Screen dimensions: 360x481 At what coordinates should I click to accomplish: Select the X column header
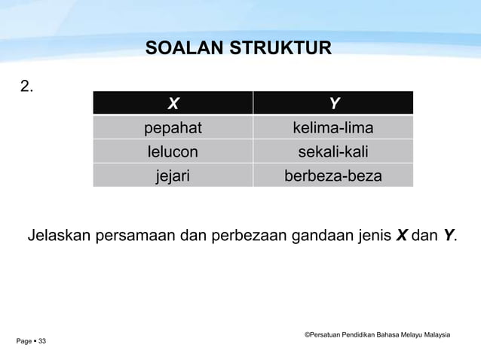click(x=173, y=103)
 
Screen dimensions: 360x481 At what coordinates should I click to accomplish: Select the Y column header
click(x=333, y=103)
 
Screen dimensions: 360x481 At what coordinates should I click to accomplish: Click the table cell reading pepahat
click(x=173, y=127)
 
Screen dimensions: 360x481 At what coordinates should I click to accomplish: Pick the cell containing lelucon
click(x=173, y=151)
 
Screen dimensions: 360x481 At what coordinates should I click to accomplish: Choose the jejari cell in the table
click(x=173, y=175)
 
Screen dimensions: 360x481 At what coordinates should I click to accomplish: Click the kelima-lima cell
click(x=333, y=127)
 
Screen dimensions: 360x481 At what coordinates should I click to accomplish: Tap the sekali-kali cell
click(x=333, y=151)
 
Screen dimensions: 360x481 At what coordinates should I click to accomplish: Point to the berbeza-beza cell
click(x=333, y=175)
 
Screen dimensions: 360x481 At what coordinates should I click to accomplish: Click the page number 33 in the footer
click(x=42, y=342)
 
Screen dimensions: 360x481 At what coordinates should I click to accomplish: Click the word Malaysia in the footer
click(x=436, y=334)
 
